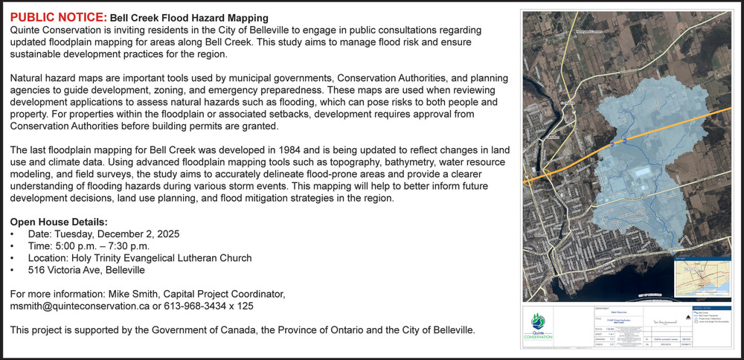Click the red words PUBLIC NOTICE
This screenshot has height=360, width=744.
click(57, 16)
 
